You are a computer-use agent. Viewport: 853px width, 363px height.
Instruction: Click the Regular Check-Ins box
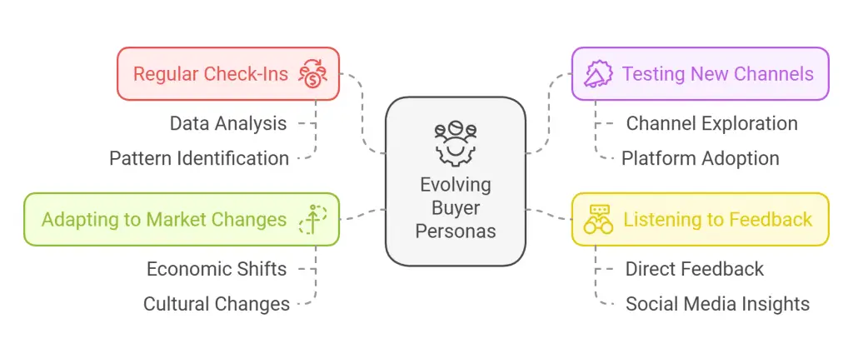(227, 74)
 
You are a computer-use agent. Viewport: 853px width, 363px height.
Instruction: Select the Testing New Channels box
(700, 74)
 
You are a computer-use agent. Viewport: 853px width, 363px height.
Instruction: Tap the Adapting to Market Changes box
(181, 220)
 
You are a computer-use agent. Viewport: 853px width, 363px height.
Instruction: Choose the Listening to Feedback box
(700, 220)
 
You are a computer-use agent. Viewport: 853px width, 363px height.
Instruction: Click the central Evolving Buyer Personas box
(455, 181)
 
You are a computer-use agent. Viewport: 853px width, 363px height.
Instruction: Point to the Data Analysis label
(228, 124)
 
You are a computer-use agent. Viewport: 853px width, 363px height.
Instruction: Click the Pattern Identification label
(199, 158)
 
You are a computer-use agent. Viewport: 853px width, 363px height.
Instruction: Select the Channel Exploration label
(711, 124)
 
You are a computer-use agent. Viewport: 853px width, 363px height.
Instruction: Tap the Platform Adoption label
(700, 158)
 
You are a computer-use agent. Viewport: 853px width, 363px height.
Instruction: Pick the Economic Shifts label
(217, 269)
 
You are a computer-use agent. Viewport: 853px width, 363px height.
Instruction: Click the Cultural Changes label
(217, 304)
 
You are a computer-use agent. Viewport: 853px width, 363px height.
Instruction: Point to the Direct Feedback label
(694, 269)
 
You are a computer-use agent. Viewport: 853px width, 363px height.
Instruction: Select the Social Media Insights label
(717, 304)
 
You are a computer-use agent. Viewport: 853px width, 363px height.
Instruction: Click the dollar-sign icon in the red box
(312, 74)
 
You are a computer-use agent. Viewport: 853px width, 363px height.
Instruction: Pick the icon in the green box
(312, 220)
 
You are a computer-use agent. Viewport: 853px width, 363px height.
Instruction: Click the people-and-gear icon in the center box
(455, 143)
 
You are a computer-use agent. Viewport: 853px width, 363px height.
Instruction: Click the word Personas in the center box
(455, 231)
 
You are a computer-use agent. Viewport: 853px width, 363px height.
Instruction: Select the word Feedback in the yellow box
(771, 220)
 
